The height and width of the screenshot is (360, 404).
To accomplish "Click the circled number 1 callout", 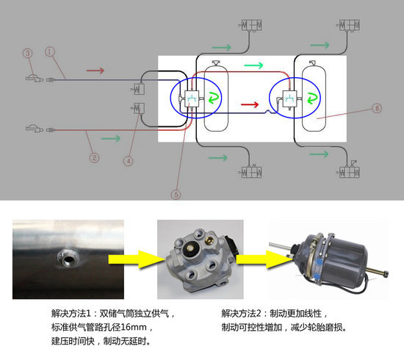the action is (x=50, y=51).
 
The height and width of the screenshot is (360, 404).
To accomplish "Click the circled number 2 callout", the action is (x=94, y=157).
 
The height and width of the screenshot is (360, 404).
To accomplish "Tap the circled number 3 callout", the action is (x=28, y=54).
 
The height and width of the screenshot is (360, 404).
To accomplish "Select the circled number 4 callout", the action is (x=129, y=161).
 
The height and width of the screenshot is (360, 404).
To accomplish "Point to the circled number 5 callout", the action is (x=176, y=194).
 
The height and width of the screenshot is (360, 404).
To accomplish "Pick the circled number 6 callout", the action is (x=377, y=108).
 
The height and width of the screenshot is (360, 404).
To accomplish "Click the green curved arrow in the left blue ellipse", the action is (x=214, y=98).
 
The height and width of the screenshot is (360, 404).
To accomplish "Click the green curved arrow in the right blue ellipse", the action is (x=312, y=98).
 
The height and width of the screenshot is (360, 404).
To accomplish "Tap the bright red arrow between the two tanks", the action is (x=250, y=104).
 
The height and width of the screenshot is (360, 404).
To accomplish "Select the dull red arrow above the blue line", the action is (x=95, y=71).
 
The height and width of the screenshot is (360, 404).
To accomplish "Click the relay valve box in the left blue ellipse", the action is (x=192, y=98).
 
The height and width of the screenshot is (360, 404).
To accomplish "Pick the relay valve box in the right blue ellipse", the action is (x=290, y=98).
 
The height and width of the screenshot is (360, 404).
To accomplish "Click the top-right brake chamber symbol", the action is (x=350, y=26).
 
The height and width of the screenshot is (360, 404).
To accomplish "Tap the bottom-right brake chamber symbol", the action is (x=349, y=170).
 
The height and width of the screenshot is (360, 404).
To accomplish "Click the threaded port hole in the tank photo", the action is (x=68, y=259).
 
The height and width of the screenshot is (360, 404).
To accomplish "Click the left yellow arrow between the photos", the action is (x=137, y=259).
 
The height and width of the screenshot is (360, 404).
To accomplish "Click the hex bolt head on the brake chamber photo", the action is (x=386, y=274).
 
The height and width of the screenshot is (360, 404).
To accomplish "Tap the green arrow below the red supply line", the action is (x=111, y=138).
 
